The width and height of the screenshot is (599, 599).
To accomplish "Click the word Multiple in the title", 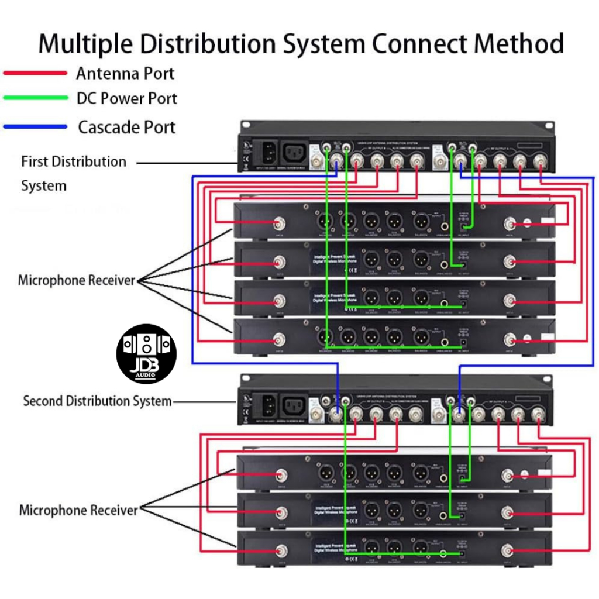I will (94, 44).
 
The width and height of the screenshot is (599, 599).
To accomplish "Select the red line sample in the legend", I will (35, 73).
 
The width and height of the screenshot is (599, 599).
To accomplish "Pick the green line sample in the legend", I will (35, 98).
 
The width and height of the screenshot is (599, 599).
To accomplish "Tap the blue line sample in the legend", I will (35, 126).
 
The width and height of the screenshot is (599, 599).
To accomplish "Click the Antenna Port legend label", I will (125, 74).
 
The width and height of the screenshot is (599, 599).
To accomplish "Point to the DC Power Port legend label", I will (127, 98).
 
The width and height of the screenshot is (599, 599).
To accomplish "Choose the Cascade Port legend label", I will (127, 127).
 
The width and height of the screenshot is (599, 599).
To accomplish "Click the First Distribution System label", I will (74, 173).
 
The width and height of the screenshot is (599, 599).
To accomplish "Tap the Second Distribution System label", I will (97, 401).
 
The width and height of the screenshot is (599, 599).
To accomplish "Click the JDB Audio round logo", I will (146, 354).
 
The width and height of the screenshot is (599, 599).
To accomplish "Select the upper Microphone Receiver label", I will (77, 280).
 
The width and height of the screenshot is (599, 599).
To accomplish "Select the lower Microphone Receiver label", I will (78, 510).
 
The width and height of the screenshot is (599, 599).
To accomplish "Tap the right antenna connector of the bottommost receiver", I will (508, 550).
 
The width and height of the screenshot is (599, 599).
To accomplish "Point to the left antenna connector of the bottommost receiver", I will (282, 550).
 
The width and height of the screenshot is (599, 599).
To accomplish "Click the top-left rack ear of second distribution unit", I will (245, 379).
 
